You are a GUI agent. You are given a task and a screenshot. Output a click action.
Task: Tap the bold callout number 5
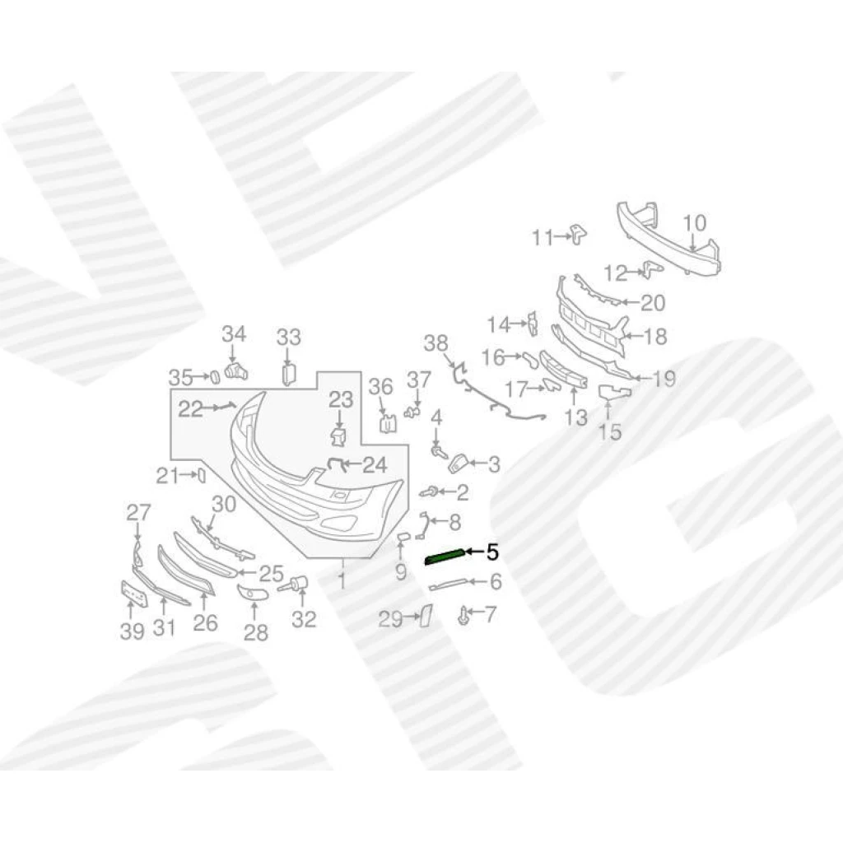492,552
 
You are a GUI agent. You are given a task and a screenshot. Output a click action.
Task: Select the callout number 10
694,222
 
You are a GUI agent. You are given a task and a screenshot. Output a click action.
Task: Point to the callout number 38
435,343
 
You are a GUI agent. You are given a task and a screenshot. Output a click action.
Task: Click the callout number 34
234,334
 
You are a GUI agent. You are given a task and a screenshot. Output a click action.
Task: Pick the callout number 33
289,338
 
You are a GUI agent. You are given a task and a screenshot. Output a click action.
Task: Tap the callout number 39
133,631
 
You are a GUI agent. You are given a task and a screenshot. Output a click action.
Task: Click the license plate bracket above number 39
134,594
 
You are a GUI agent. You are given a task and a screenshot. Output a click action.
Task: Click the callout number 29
390,619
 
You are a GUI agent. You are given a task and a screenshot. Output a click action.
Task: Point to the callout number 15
610,431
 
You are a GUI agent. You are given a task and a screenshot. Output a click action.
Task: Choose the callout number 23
341,399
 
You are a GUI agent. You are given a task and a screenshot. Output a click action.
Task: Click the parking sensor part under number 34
235,371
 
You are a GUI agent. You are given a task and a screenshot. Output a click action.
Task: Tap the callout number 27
138,512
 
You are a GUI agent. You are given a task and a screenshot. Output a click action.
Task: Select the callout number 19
664,379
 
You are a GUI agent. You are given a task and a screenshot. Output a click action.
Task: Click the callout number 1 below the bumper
342,580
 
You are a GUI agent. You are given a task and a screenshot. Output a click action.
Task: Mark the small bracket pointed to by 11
579,235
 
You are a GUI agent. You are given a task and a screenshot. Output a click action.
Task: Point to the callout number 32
304,619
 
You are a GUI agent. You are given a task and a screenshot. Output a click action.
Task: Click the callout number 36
380,387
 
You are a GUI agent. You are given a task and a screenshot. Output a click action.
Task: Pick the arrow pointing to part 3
477,462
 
